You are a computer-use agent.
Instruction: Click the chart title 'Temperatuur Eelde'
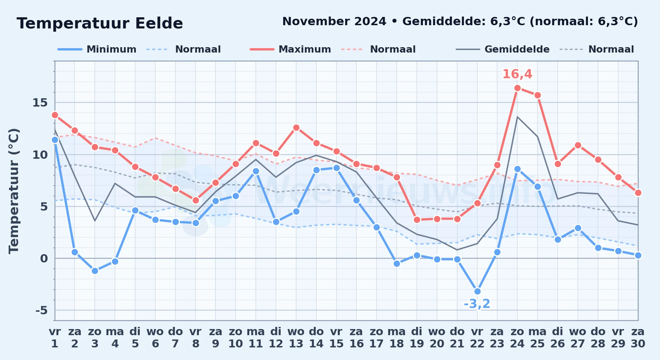tap(100, 23)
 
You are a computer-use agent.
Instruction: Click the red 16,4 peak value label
tap(517, 74)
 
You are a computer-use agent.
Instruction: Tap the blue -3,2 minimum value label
tap(477, 304)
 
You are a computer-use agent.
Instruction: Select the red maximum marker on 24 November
tap(517, 88)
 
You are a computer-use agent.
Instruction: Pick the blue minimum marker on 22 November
tap(477, 291)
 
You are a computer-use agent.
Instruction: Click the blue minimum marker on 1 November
tap(55, 140)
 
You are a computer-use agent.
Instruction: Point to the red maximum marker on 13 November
tap(296, 127)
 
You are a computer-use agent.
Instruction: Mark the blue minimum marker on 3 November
tap(95, 271)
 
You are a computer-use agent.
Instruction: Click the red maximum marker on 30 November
tap(638, 193)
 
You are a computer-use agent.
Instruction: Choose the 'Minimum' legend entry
tap(97, 49)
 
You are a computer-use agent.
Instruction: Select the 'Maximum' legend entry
tap(290, 49)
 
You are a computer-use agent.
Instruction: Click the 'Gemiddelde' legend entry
tap(503, 49)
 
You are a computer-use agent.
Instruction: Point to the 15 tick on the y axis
tap(40, 103)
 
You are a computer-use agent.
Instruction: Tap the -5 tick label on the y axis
tap(41, 310)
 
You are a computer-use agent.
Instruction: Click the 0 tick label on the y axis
tap(44, 258)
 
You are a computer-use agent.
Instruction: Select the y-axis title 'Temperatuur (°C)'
tap(14, 191)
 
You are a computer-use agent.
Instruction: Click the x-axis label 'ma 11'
tap(256, 338)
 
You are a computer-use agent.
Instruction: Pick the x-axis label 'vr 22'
tap(477, 338)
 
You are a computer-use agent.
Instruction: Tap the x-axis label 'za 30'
tap(638, 338)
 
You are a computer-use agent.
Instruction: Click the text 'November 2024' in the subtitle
tap(334, 22)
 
